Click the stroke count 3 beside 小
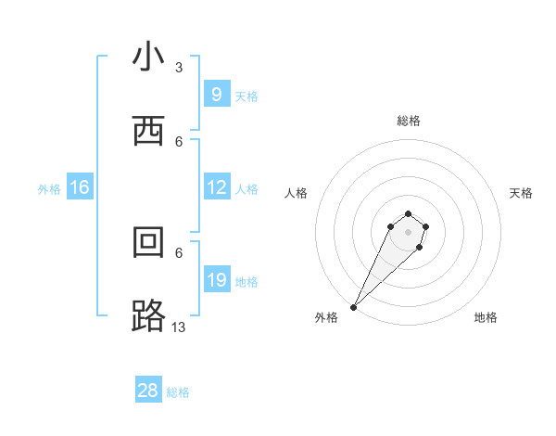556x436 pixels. (179, 67)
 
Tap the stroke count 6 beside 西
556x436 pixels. (179, 141)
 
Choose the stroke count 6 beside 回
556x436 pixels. (179, 251)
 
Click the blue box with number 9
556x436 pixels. (216, 95)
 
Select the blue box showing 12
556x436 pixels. (216, 187)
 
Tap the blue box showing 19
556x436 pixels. (216, 280)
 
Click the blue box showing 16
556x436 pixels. (80, 187)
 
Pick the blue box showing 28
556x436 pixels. (148, 391)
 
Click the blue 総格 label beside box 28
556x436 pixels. (178, 392)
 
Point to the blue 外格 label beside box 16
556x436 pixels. (49, 189)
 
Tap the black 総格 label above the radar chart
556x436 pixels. (409, 121)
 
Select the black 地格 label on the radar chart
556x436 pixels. (486, 317)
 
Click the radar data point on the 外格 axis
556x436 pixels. (354, 306)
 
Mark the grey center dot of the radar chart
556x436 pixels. (409, 231)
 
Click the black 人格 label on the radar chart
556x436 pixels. (297, 193)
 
